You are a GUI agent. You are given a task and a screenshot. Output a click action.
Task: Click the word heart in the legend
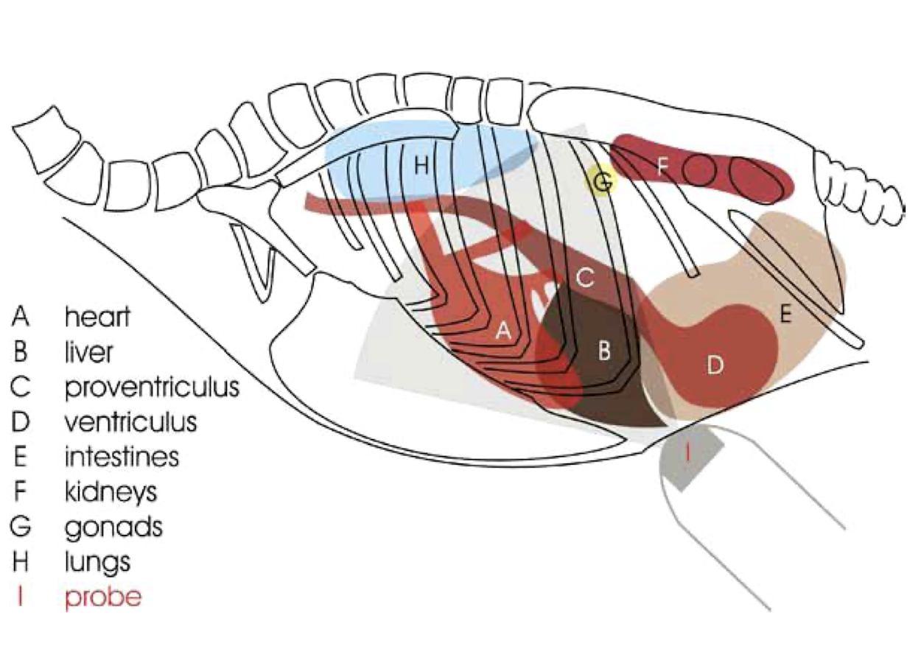[x=97, y=317]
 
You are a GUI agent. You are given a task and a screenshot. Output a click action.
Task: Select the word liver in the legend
[x=89, y=352]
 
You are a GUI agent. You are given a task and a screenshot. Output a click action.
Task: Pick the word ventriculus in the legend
[x=131, y=422]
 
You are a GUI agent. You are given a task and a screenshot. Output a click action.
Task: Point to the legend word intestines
[x=122, y=457]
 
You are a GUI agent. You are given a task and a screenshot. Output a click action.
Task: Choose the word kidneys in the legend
[x=111, y=491]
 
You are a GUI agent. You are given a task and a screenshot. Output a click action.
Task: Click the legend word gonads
[x=113, y=527]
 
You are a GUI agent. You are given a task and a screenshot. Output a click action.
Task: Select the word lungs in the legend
[x=97, y=562]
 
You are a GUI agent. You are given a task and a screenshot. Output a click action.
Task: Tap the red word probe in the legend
[x=102, y=597]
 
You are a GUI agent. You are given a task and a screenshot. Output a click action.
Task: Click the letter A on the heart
[x=503, y=331]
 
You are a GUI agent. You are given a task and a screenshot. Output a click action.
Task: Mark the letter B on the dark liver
[x=604, y=351]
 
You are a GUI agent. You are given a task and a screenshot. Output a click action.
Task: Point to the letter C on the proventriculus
[x=584, y=278]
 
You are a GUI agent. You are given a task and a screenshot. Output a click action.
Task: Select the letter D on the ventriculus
[x=715, y=365]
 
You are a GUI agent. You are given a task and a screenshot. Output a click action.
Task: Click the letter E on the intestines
[x=785, y=315]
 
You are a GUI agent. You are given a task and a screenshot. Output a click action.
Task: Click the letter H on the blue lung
[x=421, y=166]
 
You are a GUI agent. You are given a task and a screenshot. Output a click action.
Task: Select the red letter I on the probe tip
[x=687, y=452]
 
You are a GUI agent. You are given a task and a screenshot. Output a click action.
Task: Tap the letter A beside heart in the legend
[x=21, y=317]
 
